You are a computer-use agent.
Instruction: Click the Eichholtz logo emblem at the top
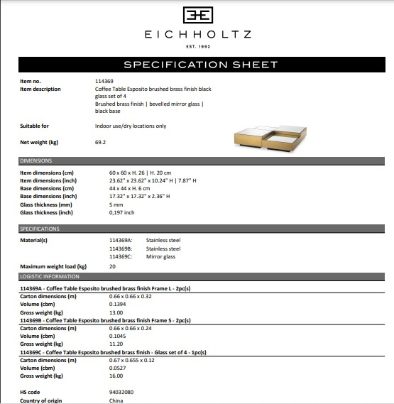point(197,15)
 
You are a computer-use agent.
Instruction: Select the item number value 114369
point(104,82)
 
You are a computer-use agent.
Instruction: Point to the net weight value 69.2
point(100,142)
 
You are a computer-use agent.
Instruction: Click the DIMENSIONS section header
point(36,161)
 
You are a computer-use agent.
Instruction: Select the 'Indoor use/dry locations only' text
point(130,126)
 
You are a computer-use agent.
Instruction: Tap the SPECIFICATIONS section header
point(40,229)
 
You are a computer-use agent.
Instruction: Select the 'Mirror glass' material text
point(162,257)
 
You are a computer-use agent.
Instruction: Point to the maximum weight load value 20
point(112,266)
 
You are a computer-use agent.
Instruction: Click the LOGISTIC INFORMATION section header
point(50,276)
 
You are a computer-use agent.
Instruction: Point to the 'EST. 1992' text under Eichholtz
point(197,47)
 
